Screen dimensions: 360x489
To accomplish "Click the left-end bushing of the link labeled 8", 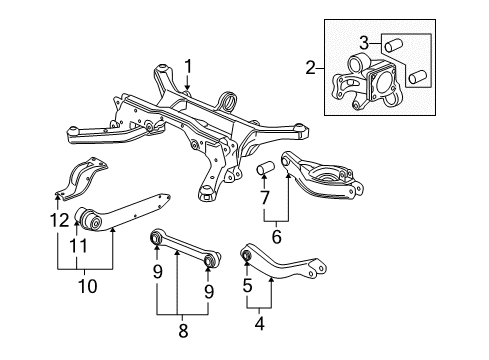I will (x=156, y=239).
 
